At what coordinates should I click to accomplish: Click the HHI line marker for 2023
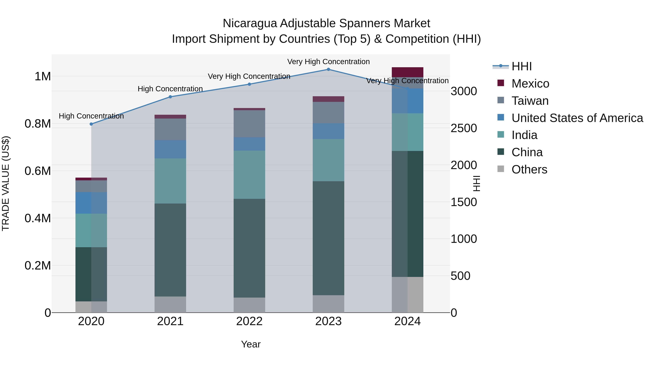(x=328, y=69)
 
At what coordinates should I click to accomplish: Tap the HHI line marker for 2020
(x=91, y=124)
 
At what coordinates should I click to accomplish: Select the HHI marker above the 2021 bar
(x=170, y=97)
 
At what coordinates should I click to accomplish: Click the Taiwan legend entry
(x=530, y=101)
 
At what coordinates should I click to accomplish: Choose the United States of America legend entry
(x=577, y=118)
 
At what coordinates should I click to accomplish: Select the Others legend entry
(x=529, y=169)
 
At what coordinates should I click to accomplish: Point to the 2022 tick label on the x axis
(x=249, y=321)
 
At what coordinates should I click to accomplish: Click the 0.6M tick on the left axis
(x=38, y=171)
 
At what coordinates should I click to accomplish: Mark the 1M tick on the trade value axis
(x=43, y=76)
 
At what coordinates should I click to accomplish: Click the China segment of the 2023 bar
(x=328, y=238)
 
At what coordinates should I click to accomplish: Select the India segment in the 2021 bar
(x=170, y=181)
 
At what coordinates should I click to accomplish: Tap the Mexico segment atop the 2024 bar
(x=407, y=72)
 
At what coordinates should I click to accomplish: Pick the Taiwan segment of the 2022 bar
(x=249, y=124)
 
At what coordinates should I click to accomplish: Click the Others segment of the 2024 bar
(x=407, y=295)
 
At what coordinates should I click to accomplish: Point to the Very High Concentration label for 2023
(x=328, y=62)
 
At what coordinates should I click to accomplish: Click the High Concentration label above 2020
(x=91, y=116)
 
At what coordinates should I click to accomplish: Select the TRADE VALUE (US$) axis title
(x=6, y=183)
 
